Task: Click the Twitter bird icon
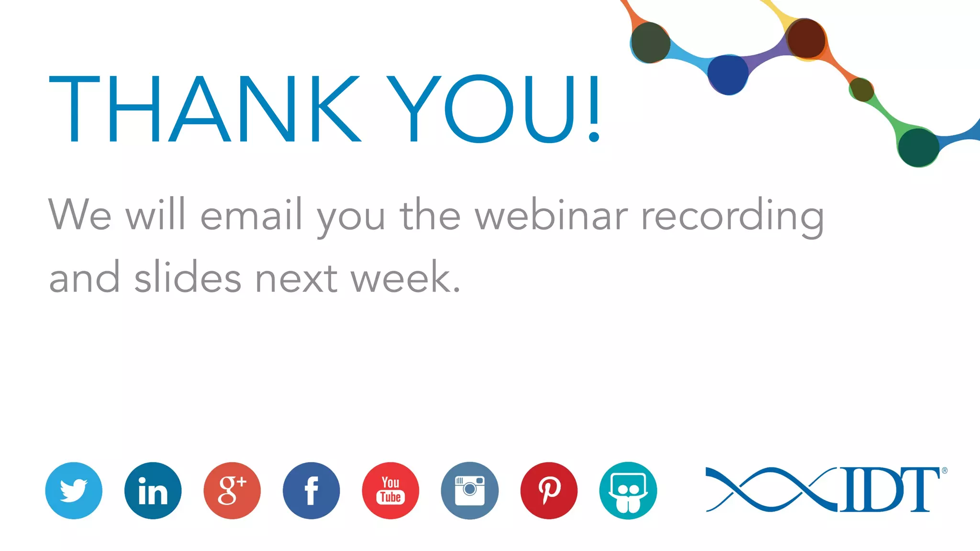(x=74, y=490)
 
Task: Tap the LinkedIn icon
(x=153, y=490)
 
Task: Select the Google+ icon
(x=232, y=490)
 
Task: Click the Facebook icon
(x=311, y=490)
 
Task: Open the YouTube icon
(x=390, y=490)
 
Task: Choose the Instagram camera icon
(x=469, y=490)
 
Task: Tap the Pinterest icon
(x=549, y=490)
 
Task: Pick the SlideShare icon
(x=628, y=490)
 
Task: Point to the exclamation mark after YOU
(x=594, y=109)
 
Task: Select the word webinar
(x=551, y=215)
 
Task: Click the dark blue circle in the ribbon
(x=728, y=75)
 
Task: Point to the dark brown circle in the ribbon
(x=806, y=39)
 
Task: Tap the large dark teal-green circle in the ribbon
(x=918, y=147)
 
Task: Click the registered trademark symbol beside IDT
(x=945, y=471)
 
